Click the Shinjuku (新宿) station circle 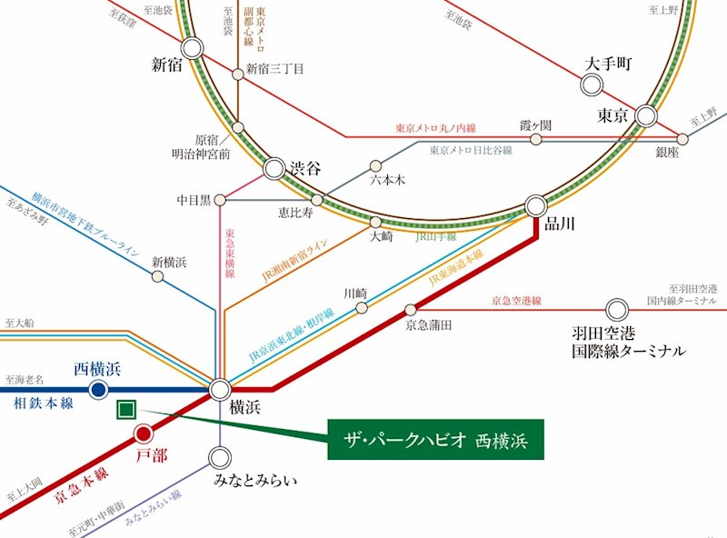point(192,49)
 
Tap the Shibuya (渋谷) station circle point(275,169)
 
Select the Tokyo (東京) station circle point(646,115)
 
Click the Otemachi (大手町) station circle point(592,85)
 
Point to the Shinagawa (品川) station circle point(535,205)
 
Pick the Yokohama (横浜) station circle point(221,391)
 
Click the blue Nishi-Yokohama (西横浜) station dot point(98,390)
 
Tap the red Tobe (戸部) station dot point(143,434)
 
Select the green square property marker point(126,411)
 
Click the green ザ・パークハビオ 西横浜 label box point(434,440)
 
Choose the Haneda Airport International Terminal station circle point(618,309)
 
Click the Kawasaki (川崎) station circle point(362,308)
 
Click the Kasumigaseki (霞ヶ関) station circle point(536,140)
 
